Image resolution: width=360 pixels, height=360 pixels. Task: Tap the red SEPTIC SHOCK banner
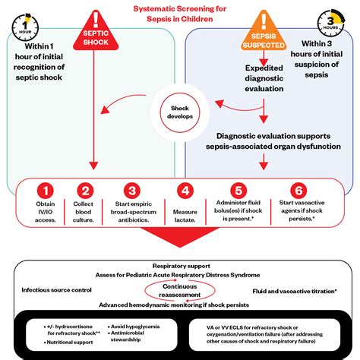tap(95, 30)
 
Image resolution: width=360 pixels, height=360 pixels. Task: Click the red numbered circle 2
tap(86, 192)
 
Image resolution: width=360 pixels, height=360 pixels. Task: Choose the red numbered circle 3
tap(132, 192)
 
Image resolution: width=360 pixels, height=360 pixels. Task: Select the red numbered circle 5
tap(238, 192)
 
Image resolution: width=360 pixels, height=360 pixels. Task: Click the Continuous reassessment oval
tap(180, 290)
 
